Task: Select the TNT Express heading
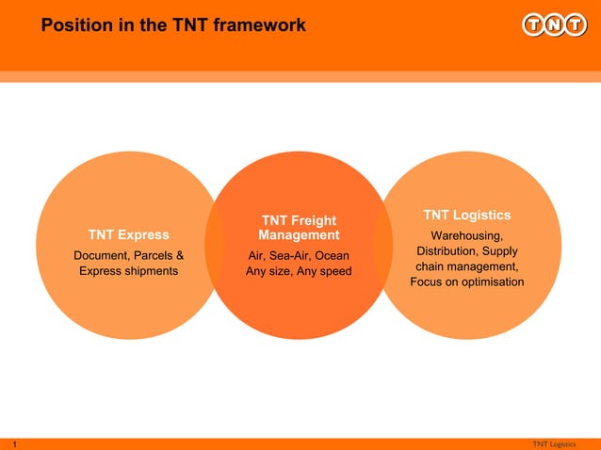point(129,234)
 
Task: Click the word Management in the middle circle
point(299,234)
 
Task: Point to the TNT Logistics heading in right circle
point(466,216)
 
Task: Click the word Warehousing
point(466,235)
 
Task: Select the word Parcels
point(154,255)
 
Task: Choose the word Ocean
point(333,256)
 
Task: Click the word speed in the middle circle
point(333,272)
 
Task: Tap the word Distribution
point(448,251)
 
